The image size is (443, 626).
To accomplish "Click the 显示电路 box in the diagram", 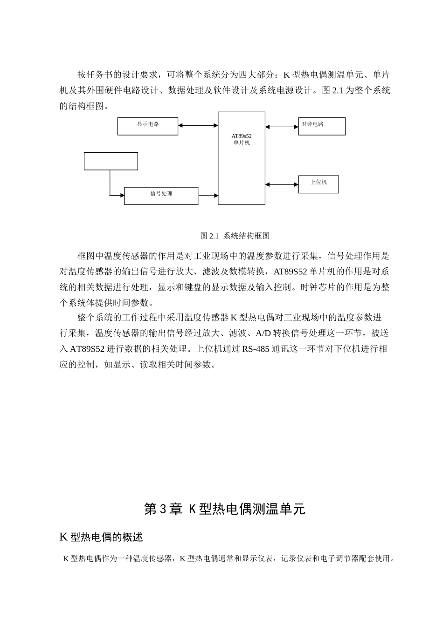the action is pos(147,126).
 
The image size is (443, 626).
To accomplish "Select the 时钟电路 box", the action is pos(322,126).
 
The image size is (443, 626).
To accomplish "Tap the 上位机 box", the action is pos(318,184).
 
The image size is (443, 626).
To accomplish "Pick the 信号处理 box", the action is pos(161,196).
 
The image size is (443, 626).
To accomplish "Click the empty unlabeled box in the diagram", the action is pos(111,161).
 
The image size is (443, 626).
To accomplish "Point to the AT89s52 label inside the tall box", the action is pos(242,136).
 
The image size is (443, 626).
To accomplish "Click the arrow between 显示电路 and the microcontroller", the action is pos(198,125).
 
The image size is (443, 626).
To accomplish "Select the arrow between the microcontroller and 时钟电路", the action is pos(282,126).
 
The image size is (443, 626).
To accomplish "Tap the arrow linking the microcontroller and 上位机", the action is pos(282,184).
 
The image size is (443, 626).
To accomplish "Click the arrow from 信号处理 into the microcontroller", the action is pos(208,196).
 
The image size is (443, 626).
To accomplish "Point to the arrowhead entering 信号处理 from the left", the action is pos(122,195).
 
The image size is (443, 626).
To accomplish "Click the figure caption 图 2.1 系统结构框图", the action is pos(235,236).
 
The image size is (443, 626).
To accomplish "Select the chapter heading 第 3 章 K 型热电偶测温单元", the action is pos(224,509).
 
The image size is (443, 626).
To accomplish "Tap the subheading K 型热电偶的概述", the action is pos(101,537).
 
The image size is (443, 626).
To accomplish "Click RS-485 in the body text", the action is pos(256,349).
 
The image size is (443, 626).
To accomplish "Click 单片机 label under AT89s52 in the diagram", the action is pos(242,143).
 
